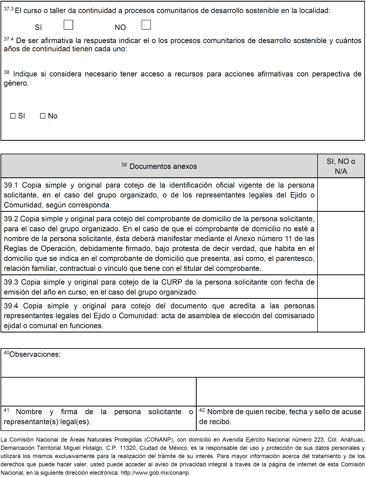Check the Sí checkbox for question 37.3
coord(68,25)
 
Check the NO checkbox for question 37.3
coord(146,25)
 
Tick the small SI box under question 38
coord(13,116)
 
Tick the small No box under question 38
coord(43,116)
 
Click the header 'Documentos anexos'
coord(163,166)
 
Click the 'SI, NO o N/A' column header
coord(341,166)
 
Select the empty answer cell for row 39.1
coord(341,195)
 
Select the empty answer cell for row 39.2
coord(341,243)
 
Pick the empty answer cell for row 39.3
coord(341,287)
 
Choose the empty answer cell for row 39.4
coord(341,315)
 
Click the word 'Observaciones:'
coord(35,354)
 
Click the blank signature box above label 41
coord(98,392)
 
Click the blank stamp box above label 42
coord(280,392)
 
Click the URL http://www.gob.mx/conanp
coord(155,473)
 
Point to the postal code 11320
coord(127,448)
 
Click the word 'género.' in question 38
coord(16,83)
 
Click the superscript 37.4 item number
coord(8,39)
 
